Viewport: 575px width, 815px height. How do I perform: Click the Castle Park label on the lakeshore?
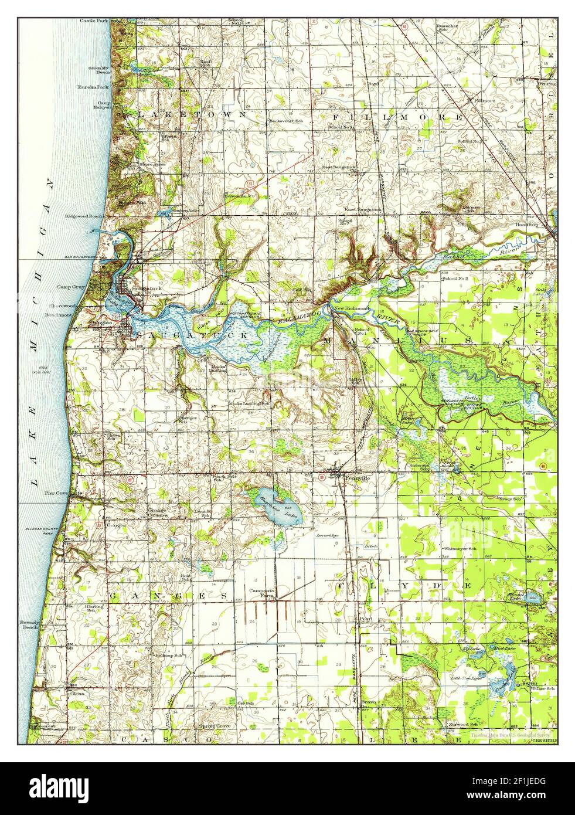click(93, 21)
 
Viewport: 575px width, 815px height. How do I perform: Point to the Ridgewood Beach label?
click(84, 216)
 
